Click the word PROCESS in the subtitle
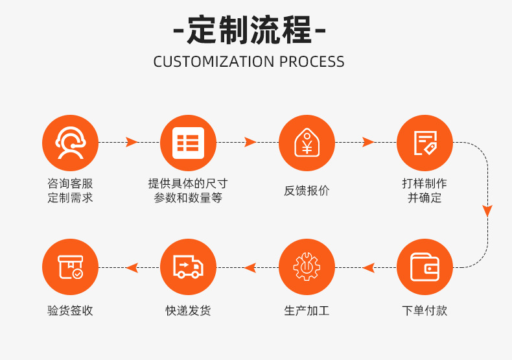click(312, 62)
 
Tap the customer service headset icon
click(70, 143)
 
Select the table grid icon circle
click(188, 143)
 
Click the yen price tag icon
click(307, 143)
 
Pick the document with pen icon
click(425, 143)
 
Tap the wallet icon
click(425, 267)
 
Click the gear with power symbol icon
click(307, 267)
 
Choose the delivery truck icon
click(188, 267)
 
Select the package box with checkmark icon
click(70, 267)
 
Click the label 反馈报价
click(307, 191)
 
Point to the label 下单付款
click(425, 311)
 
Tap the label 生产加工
click(307, 311)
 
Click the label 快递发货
click(188, 311)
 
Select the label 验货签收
click(70, 311)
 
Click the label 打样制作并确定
click(425, 191)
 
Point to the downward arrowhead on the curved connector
click(487, 211)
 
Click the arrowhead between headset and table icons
click(132, 142)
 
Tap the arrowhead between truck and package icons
click(132, 267)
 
